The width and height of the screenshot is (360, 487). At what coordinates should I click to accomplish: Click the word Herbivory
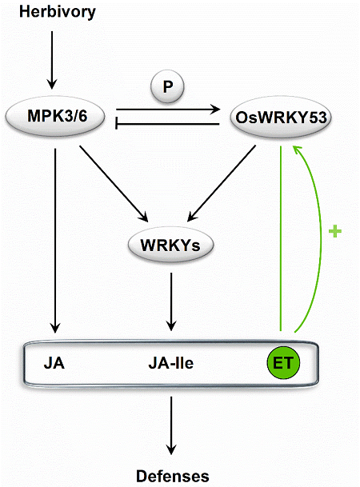coord(58,13)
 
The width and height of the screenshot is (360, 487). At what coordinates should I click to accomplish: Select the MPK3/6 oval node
coord(55,117)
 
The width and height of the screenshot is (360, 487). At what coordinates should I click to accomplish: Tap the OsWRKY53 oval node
coord(281,118)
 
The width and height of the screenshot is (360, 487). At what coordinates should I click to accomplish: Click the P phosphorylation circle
coord(167,86)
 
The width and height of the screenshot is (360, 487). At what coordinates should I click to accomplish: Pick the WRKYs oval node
coord(171,245)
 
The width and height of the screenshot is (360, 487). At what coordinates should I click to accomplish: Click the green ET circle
coord(283,363)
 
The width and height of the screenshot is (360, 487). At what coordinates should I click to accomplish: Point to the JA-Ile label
coord(171,363)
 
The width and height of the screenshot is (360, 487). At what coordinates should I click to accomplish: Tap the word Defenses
coord(173,476)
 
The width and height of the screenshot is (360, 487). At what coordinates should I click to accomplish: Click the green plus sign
coord(335,231)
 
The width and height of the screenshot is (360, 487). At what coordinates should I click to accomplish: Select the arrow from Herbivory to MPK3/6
coord(52,60)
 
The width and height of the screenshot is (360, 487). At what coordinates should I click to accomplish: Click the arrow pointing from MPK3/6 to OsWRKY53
coord(168,109)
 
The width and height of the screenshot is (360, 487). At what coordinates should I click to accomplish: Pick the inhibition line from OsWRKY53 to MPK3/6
coord(168,124)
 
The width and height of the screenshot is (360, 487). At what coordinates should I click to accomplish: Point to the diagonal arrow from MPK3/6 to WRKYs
coord(114,184)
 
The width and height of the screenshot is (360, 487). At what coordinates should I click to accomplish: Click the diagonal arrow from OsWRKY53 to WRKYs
coord(222,183)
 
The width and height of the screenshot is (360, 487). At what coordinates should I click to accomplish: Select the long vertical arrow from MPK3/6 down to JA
coord(55,241)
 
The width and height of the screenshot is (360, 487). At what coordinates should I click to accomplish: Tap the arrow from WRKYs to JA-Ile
coord(171,302)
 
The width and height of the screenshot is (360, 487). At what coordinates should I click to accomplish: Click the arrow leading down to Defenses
coord(171,425)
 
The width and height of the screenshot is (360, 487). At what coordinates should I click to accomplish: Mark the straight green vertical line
coord(281,238)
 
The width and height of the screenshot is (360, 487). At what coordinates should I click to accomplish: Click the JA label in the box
coord(54,363)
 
